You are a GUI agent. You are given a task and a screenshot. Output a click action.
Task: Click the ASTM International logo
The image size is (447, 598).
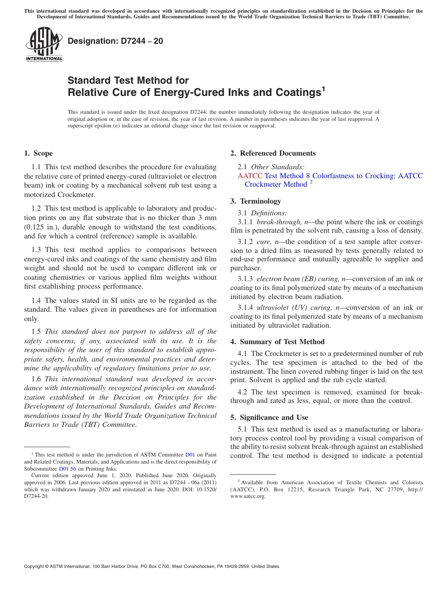tap(44, 45)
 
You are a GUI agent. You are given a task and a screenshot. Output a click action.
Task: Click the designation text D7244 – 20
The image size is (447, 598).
tap(115, 41)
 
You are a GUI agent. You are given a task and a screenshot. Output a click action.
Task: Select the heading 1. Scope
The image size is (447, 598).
tap(38, 153)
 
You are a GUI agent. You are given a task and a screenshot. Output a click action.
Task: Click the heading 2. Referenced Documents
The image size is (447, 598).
tap(273, 153)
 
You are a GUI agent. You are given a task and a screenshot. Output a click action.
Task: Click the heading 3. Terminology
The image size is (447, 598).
tap(255, 201)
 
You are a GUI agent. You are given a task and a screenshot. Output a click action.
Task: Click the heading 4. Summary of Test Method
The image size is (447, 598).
tap(277, 342)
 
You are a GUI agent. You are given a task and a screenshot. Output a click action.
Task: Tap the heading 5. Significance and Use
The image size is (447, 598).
tap(269, 417)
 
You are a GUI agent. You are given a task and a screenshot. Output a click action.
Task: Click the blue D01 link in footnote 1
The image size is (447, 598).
tap(190, 455)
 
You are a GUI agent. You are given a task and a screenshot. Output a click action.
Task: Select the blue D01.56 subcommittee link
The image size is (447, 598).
tap(67, 469)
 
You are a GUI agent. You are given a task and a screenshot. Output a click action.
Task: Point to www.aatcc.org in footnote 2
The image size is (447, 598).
tap(248, 496)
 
